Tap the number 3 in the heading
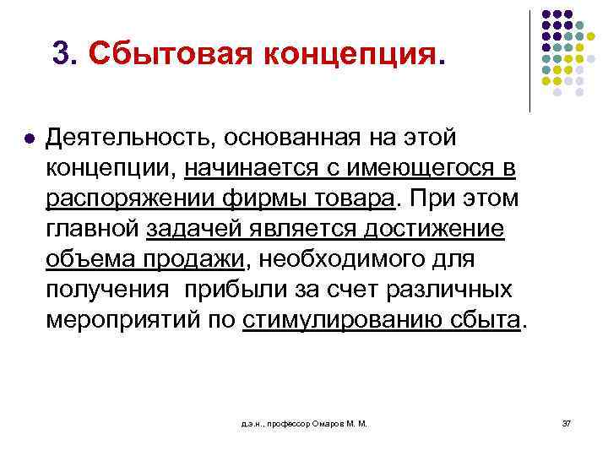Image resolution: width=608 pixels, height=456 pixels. pyautogui.click(x=59, y=52)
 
